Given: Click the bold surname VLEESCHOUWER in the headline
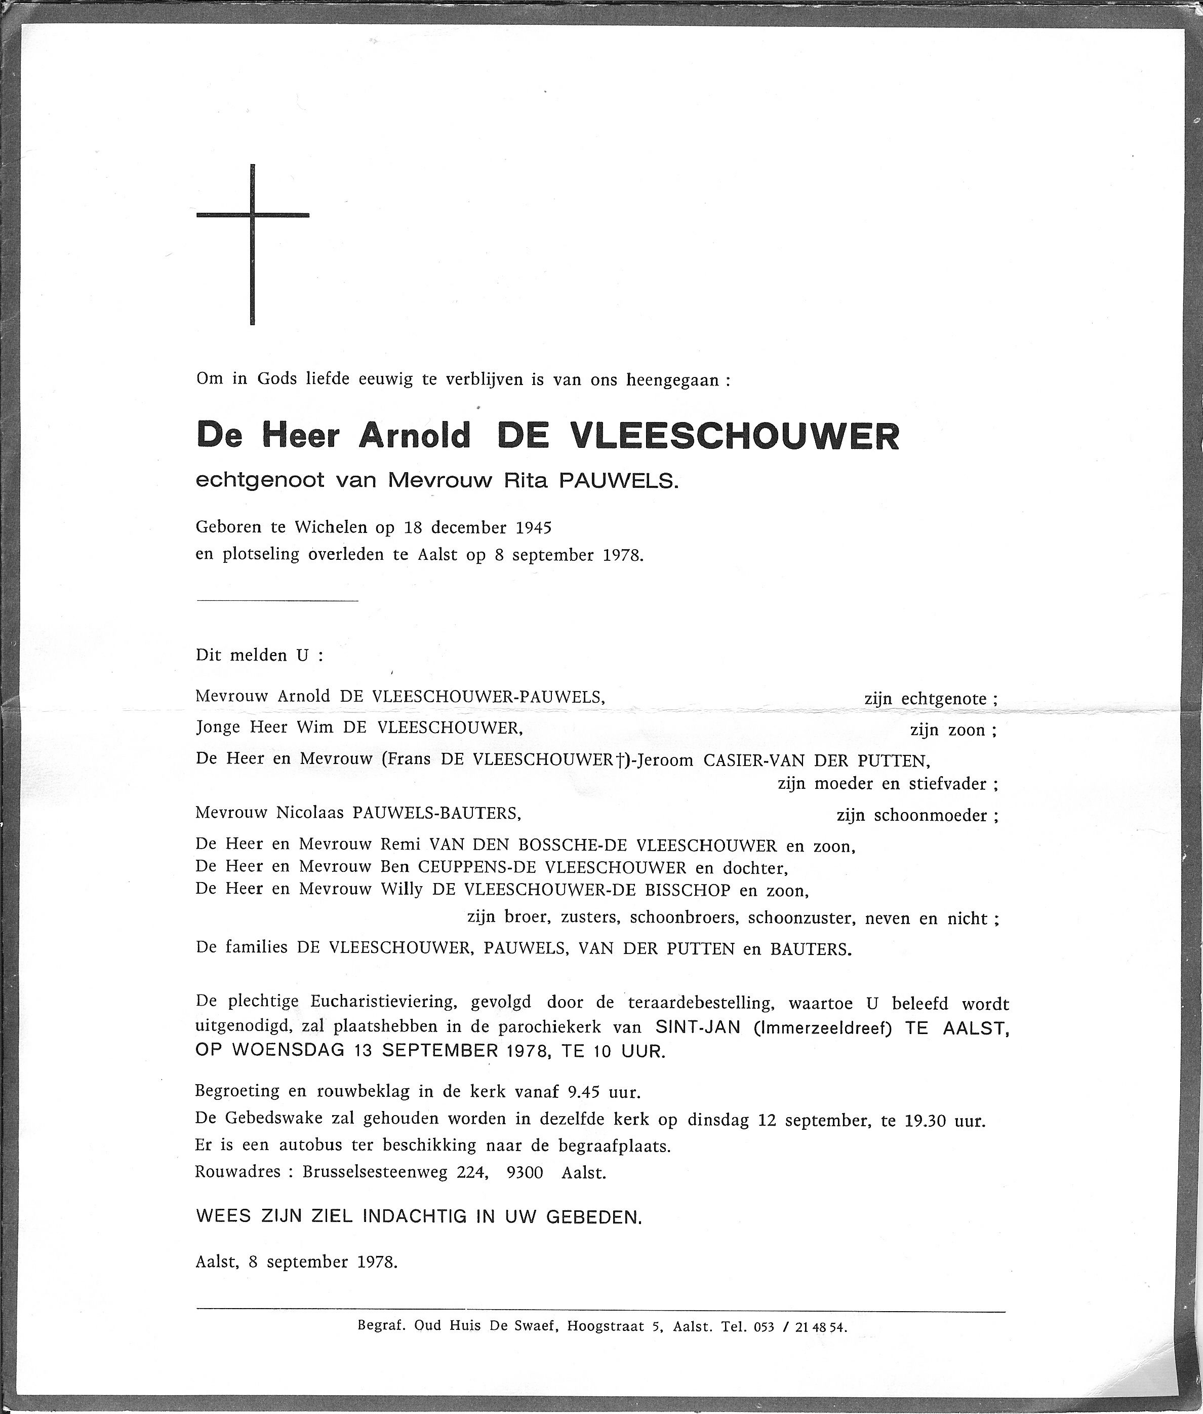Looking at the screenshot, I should [735, 436].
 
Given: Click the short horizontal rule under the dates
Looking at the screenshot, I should [277, 600].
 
